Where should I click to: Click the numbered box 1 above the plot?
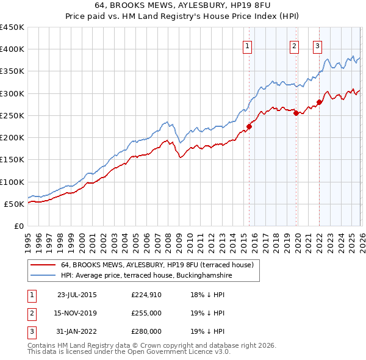[x=248, y=45]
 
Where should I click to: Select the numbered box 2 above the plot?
[x=294, y=45]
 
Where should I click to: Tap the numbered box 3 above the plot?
[x=318, y=45]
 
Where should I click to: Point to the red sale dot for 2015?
[x=249, y=127]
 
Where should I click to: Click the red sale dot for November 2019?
[x=296, y=113]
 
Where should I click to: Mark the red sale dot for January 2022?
[x=319, y=103]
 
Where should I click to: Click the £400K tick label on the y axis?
[x=12, y=49]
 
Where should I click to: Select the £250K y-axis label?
[x=12, y=115]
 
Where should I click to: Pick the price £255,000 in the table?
[x=146, y=313]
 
